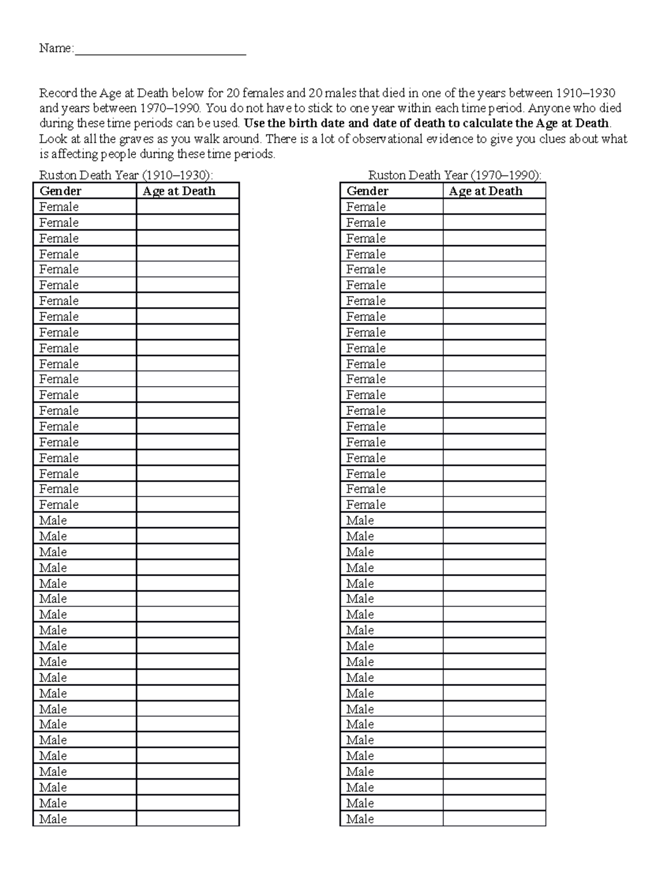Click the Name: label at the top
click(x=56, y=49)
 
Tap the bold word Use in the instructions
click(x=254, y=124)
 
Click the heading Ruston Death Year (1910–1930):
click(x=126, y=175)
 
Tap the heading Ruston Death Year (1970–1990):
click(x=454, y=175)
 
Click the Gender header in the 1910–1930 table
click(x=60, y=191)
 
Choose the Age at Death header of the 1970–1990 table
click(x=485, y=191)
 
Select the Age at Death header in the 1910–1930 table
click(x=179, y=191)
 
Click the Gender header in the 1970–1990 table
click(x=367, y=191)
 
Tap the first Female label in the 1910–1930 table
click(x=59, y=207)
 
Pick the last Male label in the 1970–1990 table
click(x=360, y=819)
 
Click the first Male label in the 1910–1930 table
click(x=53, y=520)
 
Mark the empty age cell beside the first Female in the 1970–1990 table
click(x=494, y=207)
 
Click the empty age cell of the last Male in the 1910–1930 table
click(x=187, y=819)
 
